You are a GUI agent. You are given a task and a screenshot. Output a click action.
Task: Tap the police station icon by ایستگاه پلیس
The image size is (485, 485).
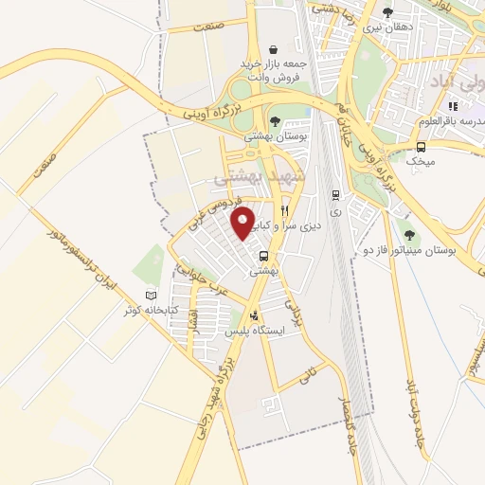coord(253,317)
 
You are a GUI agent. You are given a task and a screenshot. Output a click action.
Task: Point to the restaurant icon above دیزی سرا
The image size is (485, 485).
coord(284,210)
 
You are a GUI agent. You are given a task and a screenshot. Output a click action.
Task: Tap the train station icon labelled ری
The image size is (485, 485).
coord(334,195)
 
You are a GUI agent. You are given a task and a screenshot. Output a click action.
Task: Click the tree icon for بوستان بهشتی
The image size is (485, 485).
coord(274,120)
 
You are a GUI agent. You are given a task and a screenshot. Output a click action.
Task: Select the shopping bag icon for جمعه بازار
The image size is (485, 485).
coord(274,49)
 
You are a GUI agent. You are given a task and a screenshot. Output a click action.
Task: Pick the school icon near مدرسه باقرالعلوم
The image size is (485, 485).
coord(453,106)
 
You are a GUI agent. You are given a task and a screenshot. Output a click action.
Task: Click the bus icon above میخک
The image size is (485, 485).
coord(421,146)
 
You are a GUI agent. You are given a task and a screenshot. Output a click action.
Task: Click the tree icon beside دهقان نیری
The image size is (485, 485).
coord(387,12)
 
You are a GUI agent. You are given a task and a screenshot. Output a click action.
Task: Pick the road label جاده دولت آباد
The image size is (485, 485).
coord(415,412)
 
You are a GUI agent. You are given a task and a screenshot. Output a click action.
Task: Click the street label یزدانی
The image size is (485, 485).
coord(292,306)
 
